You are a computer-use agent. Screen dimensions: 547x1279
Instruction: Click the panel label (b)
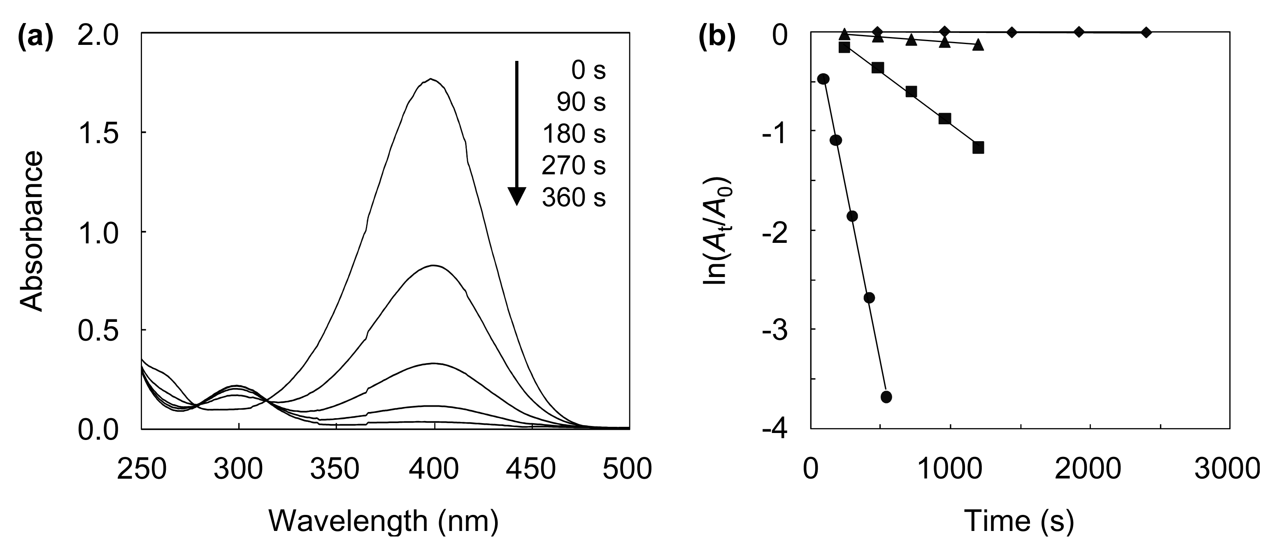tap(717, 39)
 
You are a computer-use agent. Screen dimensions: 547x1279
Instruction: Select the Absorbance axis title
tap(32, 231)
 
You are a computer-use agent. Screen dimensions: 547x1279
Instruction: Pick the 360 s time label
tap(574, 198)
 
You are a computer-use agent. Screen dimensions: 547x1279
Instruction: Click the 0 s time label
tap(588, 71)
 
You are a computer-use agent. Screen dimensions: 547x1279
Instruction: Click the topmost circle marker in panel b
tap(824, 79)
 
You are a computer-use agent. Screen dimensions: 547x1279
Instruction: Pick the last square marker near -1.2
tap(978, 147)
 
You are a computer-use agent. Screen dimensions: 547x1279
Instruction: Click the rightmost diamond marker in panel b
tap(1146, 32)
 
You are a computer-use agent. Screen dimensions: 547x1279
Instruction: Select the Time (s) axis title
tap(1019, 521)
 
